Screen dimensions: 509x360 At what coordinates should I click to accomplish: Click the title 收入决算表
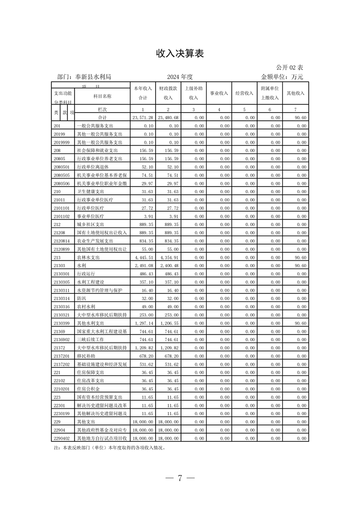coord(180,54)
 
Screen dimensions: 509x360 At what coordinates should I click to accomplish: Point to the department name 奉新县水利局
coord(93,77)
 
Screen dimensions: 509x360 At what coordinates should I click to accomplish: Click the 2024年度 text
coord(180,77)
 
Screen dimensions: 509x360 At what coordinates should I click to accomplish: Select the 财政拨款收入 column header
coord(168,93)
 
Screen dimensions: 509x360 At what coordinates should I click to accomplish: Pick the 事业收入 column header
coord(219,93)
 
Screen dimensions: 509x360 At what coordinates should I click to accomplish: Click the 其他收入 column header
coord(295,93)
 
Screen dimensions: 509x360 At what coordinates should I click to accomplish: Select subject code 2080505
coord(62,175)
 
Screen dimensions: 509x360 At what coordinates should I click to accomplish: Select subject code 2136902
coord(62,339)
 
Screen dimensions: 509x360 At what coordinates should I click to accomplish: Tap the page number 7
coord(180,478)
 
